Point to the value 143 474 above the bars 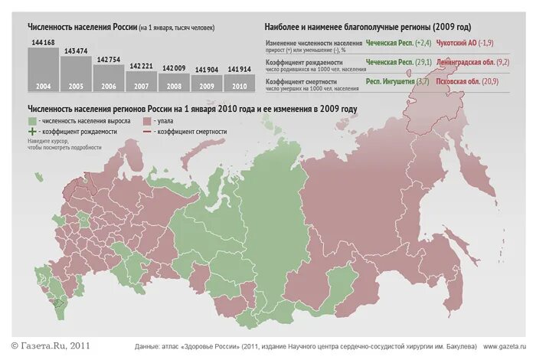coord(76,51)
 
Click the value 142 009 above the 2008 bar coord(174,67)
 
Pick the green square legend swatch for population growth coord(31,121)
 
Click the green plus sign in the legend coord(31,132)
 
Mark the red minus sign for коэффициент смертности coord(146,132)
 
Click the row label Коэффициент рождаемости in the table coord(302,61)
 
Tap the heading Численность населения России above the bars coord(82,28)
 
